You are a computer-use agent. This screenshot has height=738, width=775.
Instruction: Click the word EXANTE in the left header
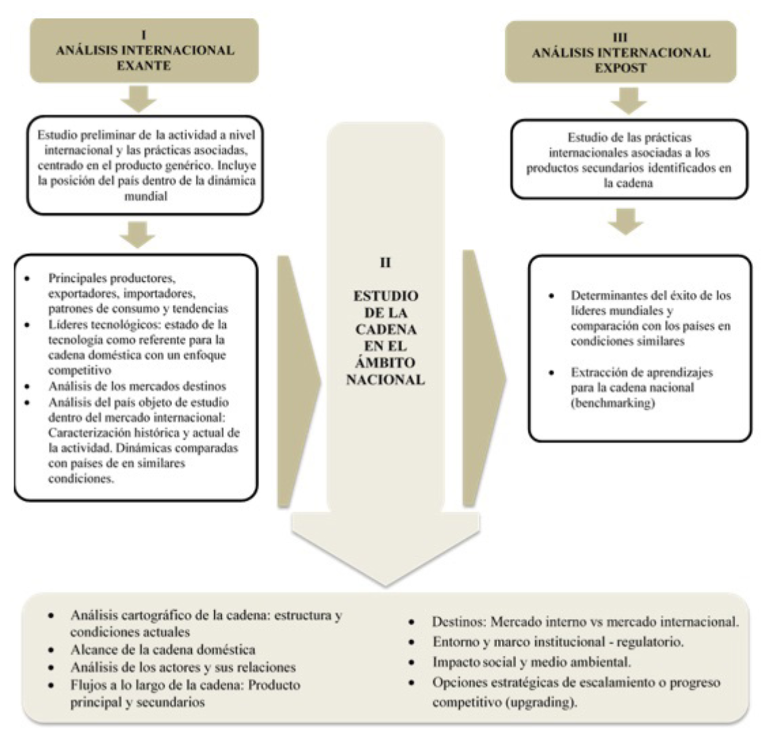point(144,65)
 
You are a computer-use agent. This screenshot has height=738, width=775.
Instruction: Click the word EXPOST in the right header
point(620,68)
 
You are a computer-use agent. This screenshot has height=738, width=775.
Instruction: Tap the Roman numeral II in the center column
point(385,262)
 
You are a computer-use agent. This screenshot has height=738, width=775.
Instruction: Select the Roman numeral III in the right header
point(620,38)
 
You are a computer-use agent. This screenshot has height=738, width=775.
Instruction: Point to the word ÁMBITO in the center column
point(385,363)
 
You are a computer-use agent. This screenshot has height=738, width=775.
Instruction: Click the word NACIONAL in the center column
point(385,380)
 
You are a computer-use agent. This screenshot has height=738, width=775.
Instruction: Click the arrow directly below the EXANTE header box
point(139,99)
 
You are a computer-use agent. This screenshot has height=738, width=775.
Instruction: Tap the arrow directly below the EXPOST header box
point(628,100)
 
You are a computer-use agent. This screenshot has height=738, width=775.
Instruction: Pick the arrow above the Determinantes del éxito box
point(626,221)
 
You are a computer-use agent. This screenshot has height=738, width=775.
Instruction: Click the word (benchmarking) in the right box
point(613,403)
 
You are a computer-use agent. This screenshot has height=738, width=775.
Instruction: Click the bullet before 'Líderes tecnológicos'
point(27,325)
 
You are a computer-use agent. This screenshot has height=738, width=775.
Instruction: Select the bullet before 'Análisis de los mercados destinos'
point(27,386)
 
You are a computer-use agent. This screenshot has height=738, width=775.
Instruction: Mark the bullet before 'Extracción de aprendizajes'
point(552,373)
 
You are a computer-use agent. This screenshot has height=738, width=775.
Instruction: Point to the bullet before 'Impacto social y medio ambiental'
point(412,662)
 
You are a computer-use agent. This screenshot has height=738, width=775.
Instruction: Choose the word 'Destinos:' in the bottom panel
point(459,622)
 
